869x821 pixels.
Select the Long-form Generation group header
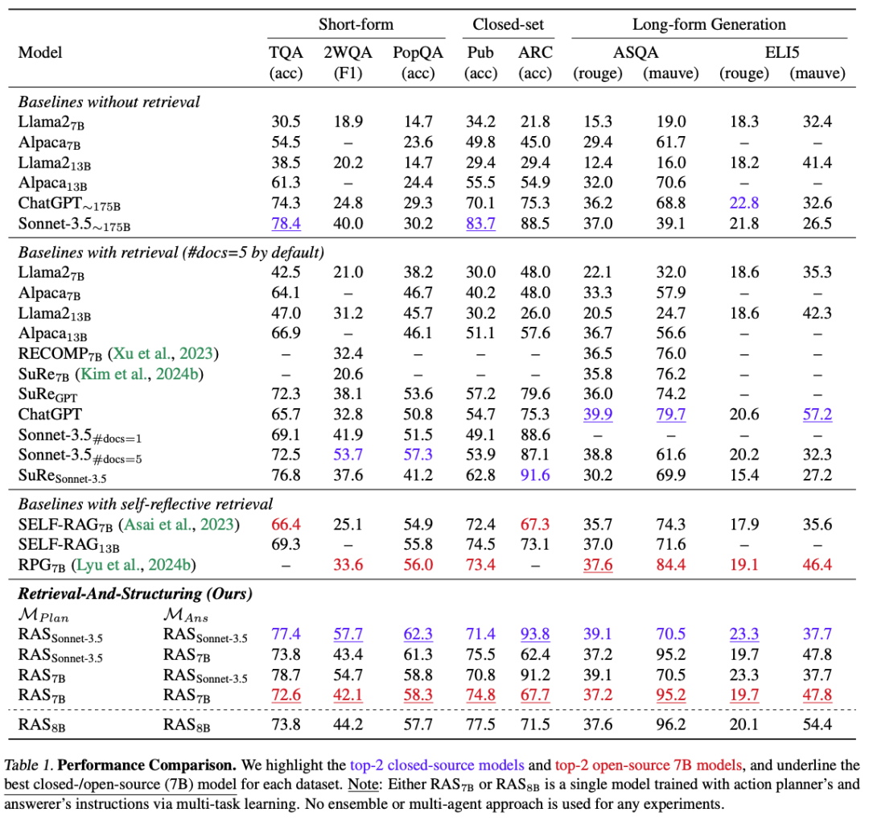(x=709, y=25)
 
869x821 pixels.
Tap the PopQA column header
(x=414, y=52)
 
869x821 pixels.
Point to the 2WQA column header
(x=348, y=52)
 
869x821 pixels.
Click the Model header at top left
(x=39, y=52)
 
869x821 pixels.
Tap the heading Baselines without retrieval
(x=109, y=102)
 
